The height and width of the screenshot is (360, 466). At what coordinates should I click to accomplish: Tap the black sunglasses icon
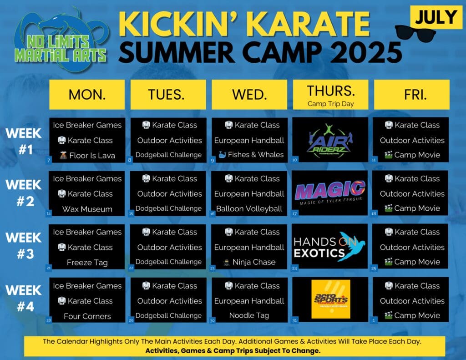click(x=415, y=33)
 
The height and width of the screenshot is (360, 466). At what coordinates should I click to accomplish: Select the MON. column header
click(x=87, y=94)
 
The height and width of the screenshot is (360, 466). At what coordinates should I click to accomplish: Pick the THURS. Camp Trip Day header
click(x=330, y=94)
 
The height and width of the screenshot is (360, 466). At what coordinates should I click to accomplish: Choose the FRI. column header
click(x=411, y=94)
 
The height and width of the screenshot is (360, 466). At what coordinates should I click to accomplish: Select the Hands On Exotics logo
click(x=330, y=246)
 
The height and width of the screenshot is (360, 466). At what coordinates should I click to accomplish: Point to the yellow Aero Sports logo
click(x=331, y=299)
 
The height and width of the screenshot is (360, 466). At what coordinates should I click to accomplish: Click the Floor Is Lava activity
click(x=87, y=156)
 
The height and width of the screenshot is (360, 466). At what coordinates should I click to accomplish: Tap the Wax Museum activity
click(x=87, y=209)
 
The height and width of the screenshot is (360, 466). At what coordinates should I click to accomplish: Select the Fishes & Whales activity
click(x=249, y=155)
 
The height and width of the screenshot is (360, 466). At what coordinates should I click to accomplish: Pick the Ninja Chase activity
click(x=249, y=262)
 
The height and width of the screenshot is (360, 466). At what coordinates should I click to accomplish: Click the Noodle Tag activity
click(x=249, y=315)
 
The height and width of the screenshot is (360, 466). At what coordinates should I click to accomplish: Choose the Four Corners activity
click(x=87, y=316)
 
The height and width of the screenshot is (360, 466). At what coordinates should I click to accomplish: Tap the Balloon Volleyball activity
click(x=249, y=209)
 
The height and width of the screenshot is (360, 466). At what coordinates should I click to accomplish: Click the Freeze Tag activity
click(x=87, y=263)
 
